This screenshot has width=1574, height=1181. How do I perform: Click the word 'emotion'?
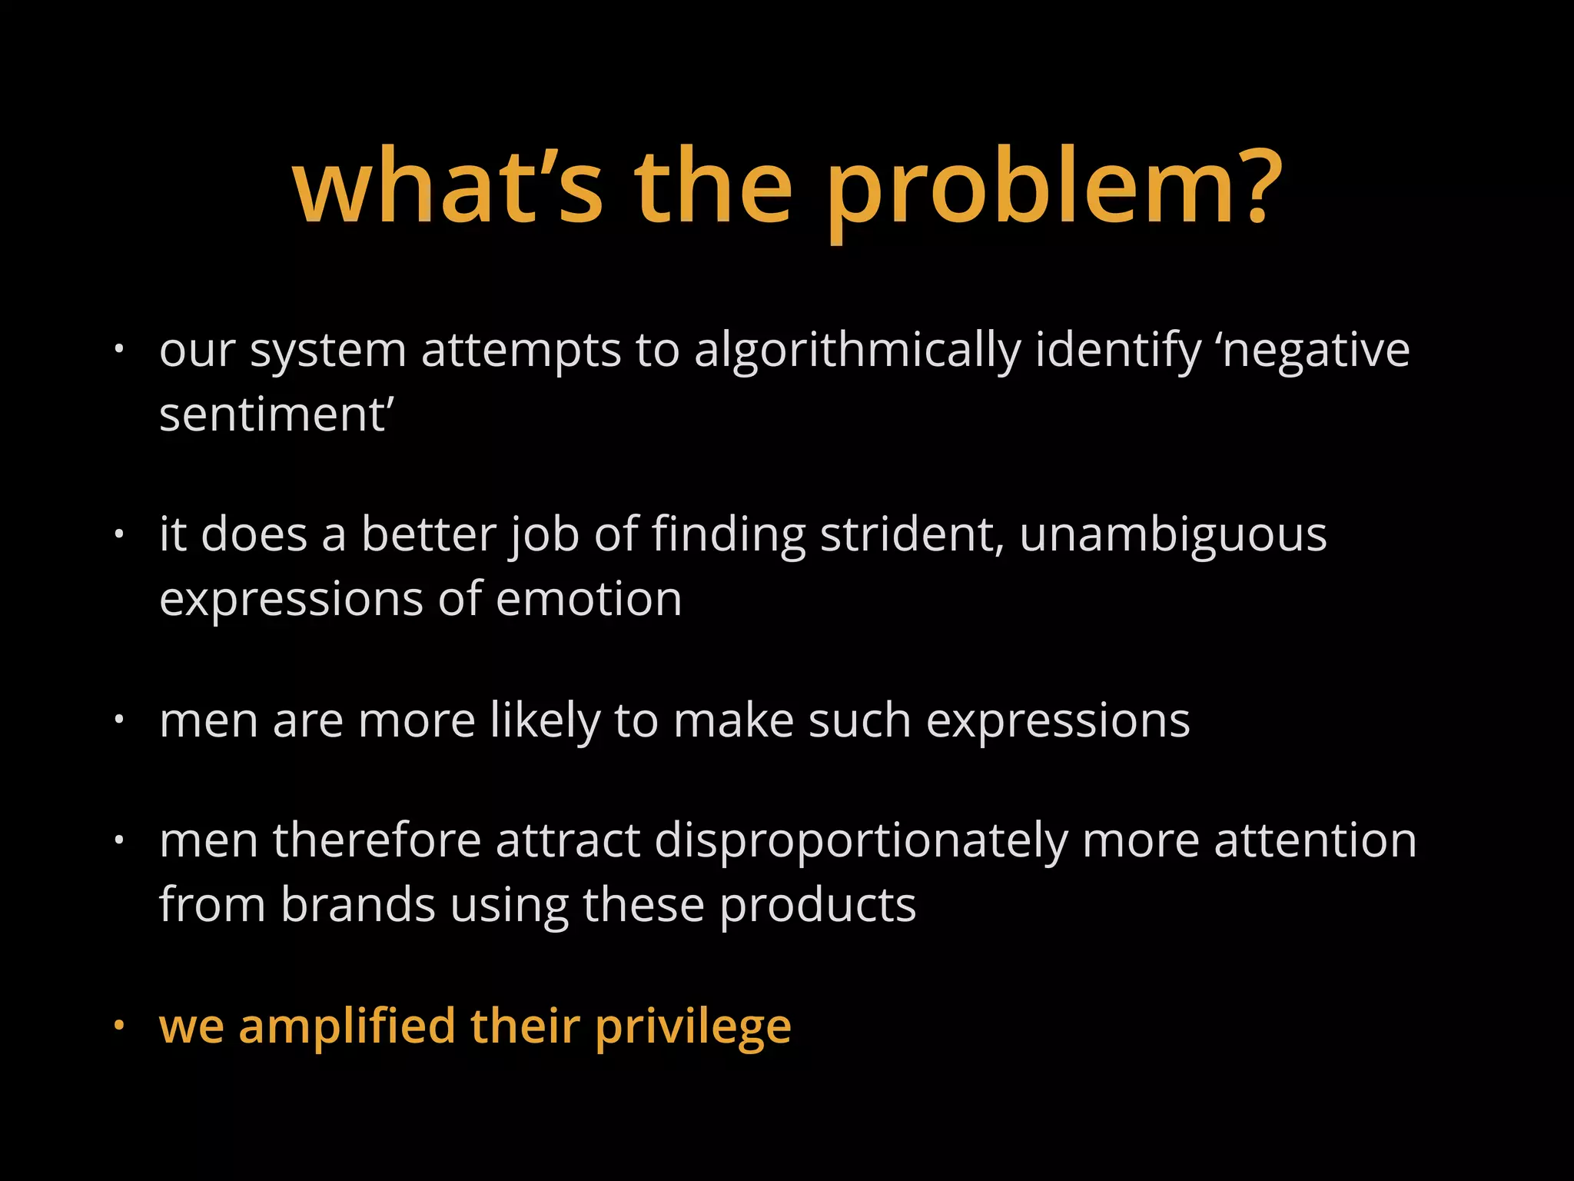click(589, 599)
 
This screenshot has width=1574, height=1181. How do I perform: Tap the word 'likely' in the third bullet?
click(545, 720)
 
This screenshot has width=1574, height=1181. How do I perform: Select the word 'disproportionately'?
click(861, 840)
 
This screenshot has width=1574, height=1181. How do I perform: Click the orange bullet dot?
click(118, 1026)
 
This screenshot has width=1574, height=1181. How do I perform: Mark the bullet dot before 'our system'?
click(118, 350)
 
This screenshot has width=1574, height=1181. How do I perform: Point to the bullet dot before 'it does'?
click(118, 534)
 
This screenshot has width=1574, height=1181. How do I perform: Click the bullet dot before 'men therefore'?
click(118, 840)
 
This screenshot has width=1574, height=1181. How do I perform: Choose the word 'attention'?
click(1315, 840)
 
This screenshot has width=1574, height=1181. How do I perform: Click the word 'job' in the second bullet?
click(546, 536)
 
